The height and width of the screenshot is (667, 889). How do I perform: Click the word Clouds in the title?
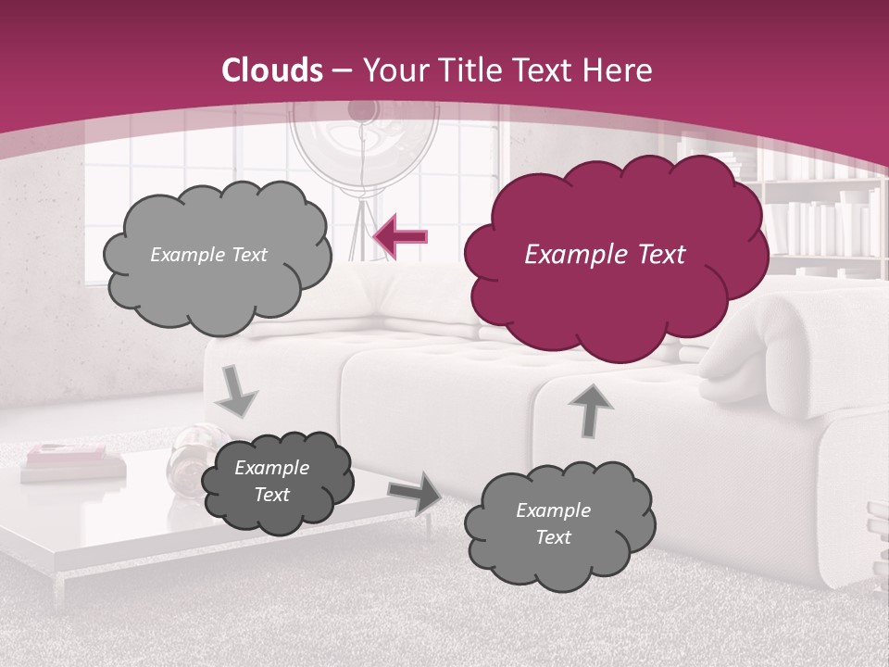[x=273, y=70]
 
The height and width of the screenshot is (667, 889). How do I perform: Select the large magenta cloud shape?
[x=616, y=278]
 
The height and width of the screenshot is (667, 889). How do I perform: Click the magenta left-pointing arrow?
[x=401, y=237]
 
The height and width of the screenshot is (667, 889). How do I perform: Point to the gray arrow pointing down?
[x=237, y=392]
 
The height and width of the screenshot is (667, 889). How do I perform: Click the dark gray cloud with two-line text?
[x=276, y=482]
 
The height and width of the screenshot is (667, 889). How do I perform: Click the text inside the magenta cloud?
[x=605, y=255]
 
